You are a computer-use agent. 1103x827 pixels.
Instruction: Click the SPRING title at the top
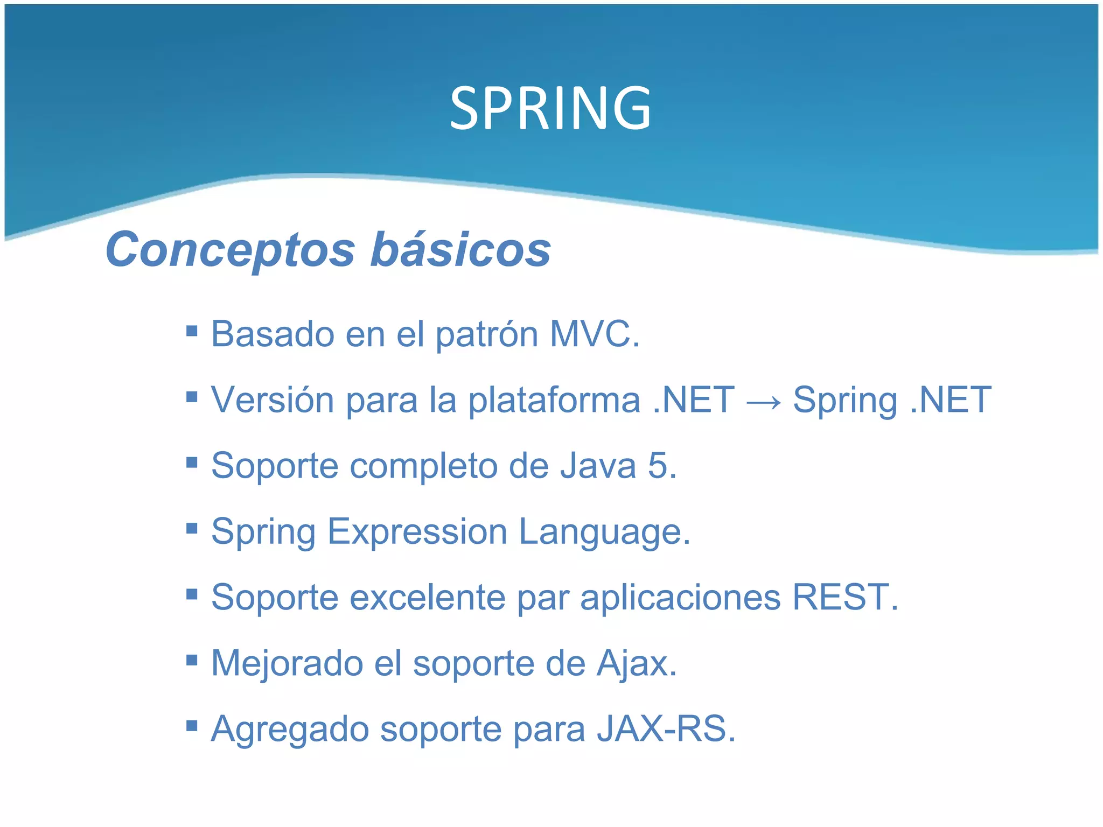point(550,109)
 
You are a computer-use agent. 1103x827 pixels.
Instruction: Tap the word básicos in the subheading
point(460,250)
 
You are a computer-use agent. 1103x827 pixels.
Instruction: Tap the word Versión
point(272,400)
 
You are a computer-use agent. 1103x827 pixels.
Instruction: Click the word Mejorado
point(287,663)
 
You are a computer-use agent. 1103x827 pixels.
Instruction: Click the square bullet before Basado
point(192,330)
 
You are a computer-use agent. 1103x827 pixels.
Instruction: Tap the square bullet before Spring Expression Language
point(192,528)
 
